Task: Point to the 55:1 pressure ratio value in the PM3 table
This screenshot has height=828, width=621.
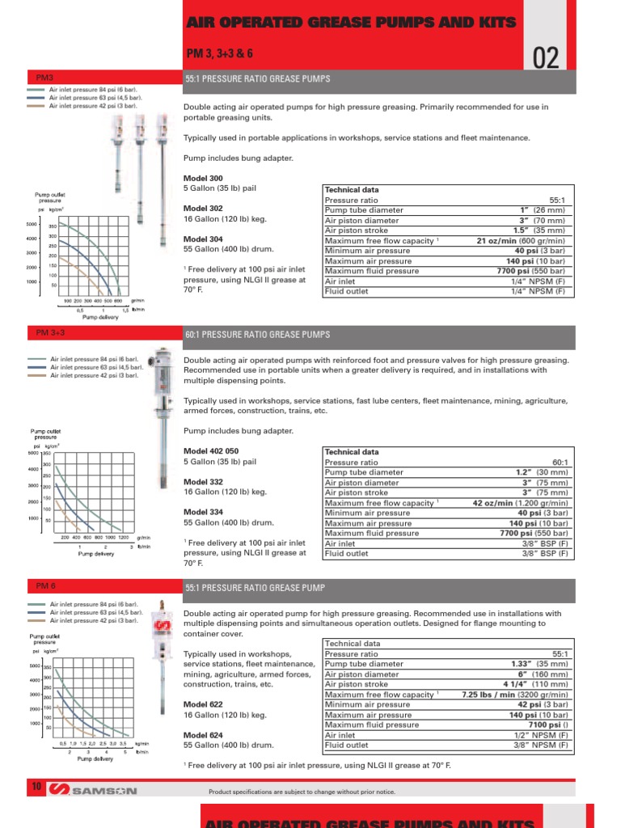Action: pyautogui.click(x=557, y=200)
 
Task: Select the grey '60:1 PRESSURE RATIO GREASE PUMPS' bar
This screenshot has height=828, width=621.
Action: pyautogui.click(x=380, y=335)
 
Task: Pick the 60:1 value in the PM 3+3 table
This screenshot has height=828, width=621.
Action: pyautogui.click(x=557, y=463)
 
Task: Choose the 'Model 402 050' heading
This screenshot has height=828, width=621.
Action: pyautogui.click(x=211, y=450)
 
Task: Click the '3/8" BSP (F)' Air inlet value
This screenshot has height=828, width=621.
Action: pyautogui.click(x=546, y=543)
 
